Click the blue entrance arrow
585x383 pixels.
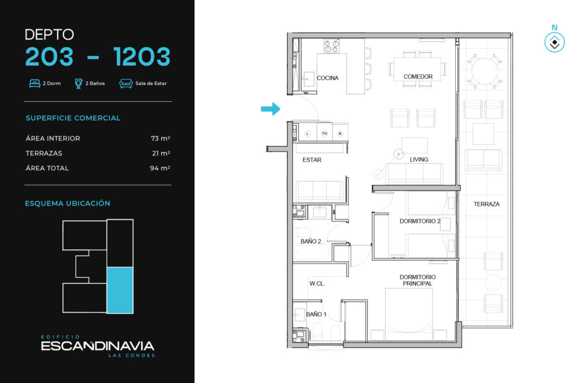tap(270, 109)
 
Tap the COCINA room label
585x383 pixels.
tap(327, 78)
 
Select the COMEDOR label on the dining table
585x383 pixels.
tap(418, 77)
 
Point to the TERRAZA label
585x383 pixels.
tap(487, 204)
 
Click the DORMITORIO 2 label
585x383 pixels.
tap(420, 221)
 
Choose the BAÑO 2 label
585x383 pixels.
tap(311, 242)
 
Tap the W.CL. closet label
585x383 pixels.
tap(317, 284)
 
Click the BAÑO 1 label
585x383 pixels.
tap(316, 314)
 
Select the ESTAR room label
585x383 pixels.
tap(312, 159)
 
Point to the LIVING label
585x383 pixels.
tap(419, 159)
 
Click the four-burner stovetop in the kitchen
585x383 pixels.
tap(332, 46)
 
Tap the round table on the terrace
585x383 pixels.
tap(484, 71)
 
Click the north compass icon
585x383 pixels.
tap(554, 42)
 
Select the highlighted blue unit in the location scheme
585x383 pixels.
tap(120, 290)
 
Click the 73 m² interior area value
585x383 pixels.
tap(161, 138)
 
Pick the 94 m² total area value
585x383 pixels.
tap(160, 168)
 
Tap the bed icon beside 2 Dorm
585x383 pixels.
tap(35, 83)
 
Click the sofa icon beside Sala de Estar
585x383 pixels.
tap(126, 83)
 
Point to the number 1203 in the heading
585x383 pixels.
tap(142, 57)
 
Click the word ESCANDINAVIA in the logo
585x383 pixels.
tap(97, 346)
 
